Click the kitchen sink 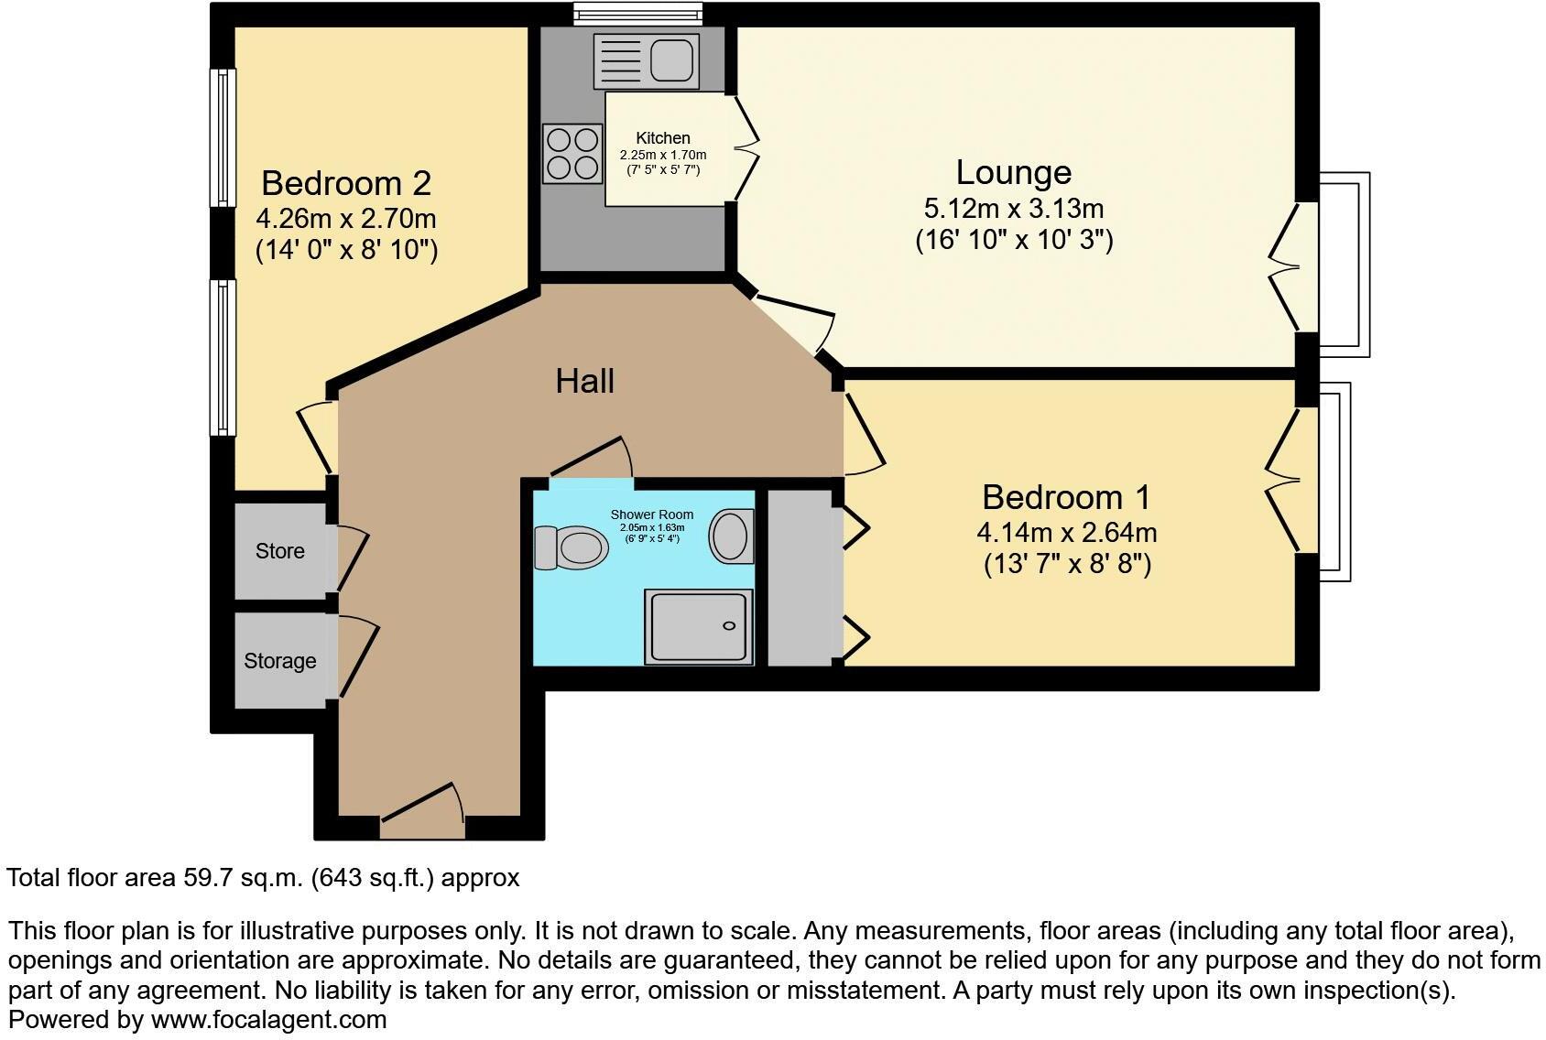[647, 60]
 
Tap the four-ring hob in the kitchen [571, 153]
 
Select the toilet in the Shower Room [572, 548]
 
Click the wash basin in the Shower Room [731, 536]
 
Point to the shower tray [699, 626]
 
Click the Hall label [584, 381]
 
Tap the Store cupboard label [279, 551]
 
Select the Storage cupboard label [279, 661]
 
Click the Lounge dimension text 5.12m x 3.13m [1014, 208]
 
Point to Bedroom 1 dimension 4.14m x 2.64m [1067, 532]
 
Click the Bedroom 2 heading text [345, 183]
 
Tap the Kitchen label [663, 138]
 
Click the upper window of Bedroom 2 [222, 137]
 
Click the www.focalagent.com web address [268, 1019]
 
